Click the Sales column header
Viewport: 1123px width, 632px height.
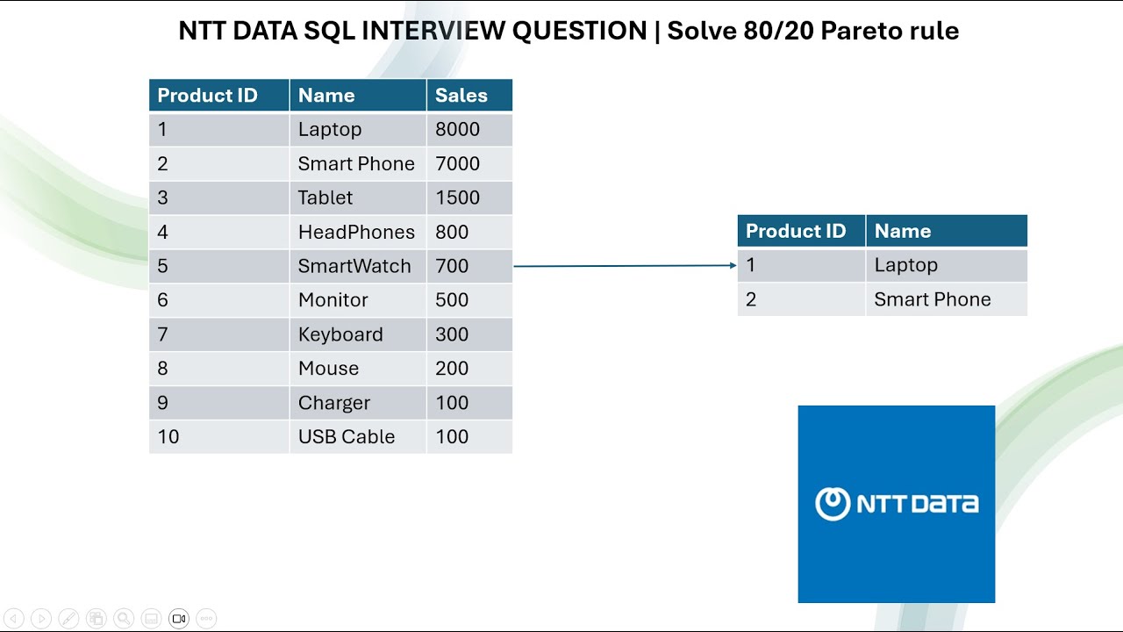click(x=461, y=96)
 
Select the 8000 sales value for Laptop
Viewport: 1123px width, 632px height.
click(x=457, y=130)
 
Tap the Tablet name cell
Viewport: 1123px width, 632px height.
click(x=325, y=198)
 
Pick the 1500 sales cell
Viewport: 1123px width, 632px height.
click(x=457, y=198)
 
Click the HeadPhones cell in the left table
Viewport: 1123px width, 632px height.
click(x=356, y=233)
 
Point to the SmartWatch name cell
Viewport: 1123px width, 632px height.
click(x=354, y=267)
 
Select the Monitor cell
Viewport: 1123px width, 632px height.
click(x=333, y=300)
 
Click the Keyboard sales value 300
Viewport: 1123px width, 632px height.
click(x=452, y=334)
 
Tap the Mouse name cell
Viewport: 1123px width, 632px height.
click(x=328, y=369)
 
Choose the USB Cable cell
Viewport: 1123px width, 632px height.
click(x=347, y=437)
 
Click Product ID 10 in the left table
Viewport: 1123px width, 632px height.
click(x=168, y=437)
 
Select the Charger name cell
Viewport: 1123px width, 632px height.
click(x=334, y=403)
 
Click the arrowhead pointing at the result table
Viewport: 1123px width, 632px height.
click(x=733, y=265)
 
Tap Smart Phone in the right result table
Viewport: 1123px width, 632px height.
click(x=933, y=299)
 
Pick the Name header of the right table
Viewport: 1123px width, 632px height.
click(x=903, y=232)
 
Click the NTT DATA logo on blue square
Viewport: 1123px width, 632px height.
click(x=896, y=504)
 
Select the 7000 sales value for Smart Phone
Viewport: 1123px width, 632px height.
click(x=457, y=164)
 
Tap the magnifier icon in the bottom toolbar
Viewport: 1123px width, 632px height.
click(x=124, y=619)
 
